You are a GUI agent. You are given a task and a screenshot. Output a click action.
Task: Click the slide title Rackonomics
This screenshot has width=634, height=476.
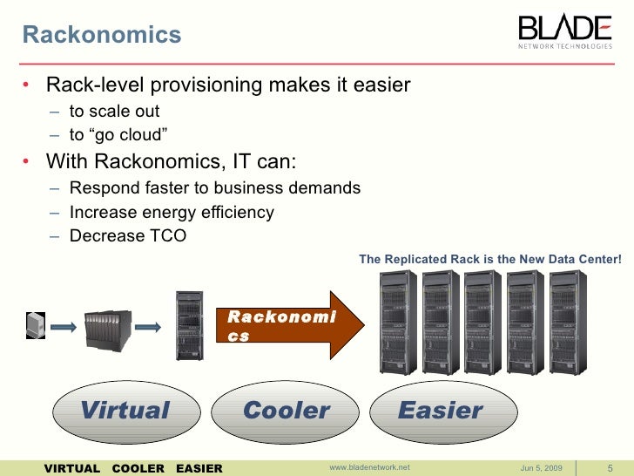(x=101, y=35)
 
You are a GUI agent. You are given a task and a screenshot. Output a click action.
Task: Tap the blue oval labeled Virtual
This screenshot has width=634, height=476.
(x=125, y=410)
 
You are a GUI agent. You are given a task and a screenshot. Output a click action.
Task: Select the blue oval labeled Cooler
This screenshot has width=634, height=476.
(x=286, y=410)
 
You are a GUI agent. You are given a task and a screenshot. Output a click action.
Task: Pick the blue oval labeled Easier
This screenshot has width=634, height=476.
(x=440, y=410)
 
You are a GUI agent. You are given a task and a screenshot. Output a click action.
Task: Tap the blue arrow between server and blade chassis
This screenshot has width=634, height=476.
(x=66, y=327)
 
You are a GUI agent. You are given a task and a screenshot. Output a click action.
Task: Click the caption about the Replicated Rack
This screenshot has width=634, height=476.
(x=490, y=259)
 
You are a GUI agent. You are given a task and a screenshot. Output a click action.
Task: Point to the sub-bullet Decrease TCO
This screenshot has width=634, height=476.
(x=127, y=235)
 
